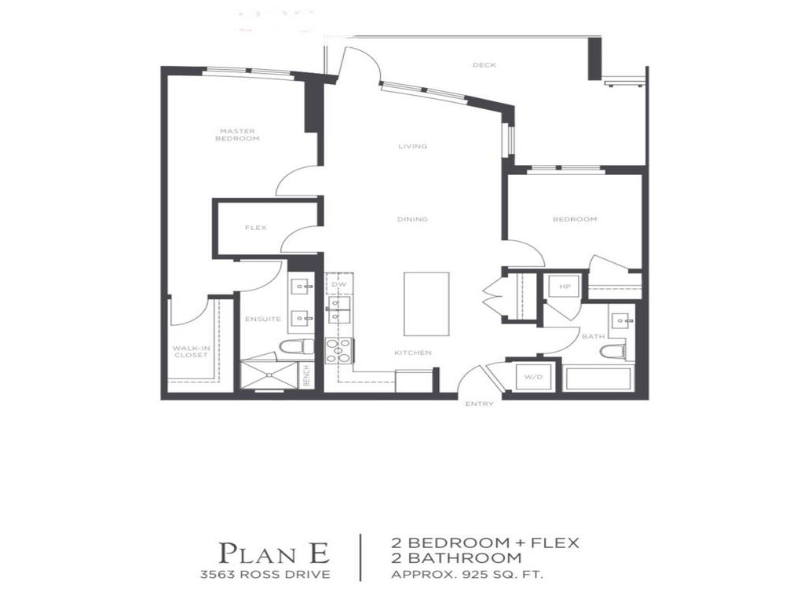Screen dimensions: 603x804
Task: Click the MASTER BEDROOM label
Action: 238,135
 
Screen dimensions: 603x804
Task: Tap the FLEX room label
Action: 256,228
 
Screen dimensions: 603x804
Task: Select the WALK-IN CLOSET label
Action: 191,351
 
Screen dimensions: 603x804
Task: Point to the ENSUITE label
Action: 263,319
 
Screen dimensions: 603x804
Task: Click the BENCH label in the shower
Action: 306,375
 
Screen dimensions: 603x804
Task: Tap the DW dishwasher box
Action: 339,284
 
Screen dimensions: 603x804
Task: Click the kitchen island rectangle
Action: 426,304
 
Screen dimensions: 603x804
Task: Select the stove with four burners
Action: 339,349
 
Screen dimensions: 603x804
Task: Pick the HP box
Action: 563,287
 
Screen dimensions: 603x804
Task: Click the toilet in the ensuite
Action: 295,346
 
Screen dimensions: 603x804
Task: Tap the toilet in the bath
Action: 612,351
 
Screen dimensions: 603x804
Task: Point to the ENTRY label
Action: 479,404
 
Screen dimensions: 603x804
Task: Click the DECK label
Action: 484,65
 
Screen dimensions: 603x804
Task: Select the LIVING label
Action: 412,146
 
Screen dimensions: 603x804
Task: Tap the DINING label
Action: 412,219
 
